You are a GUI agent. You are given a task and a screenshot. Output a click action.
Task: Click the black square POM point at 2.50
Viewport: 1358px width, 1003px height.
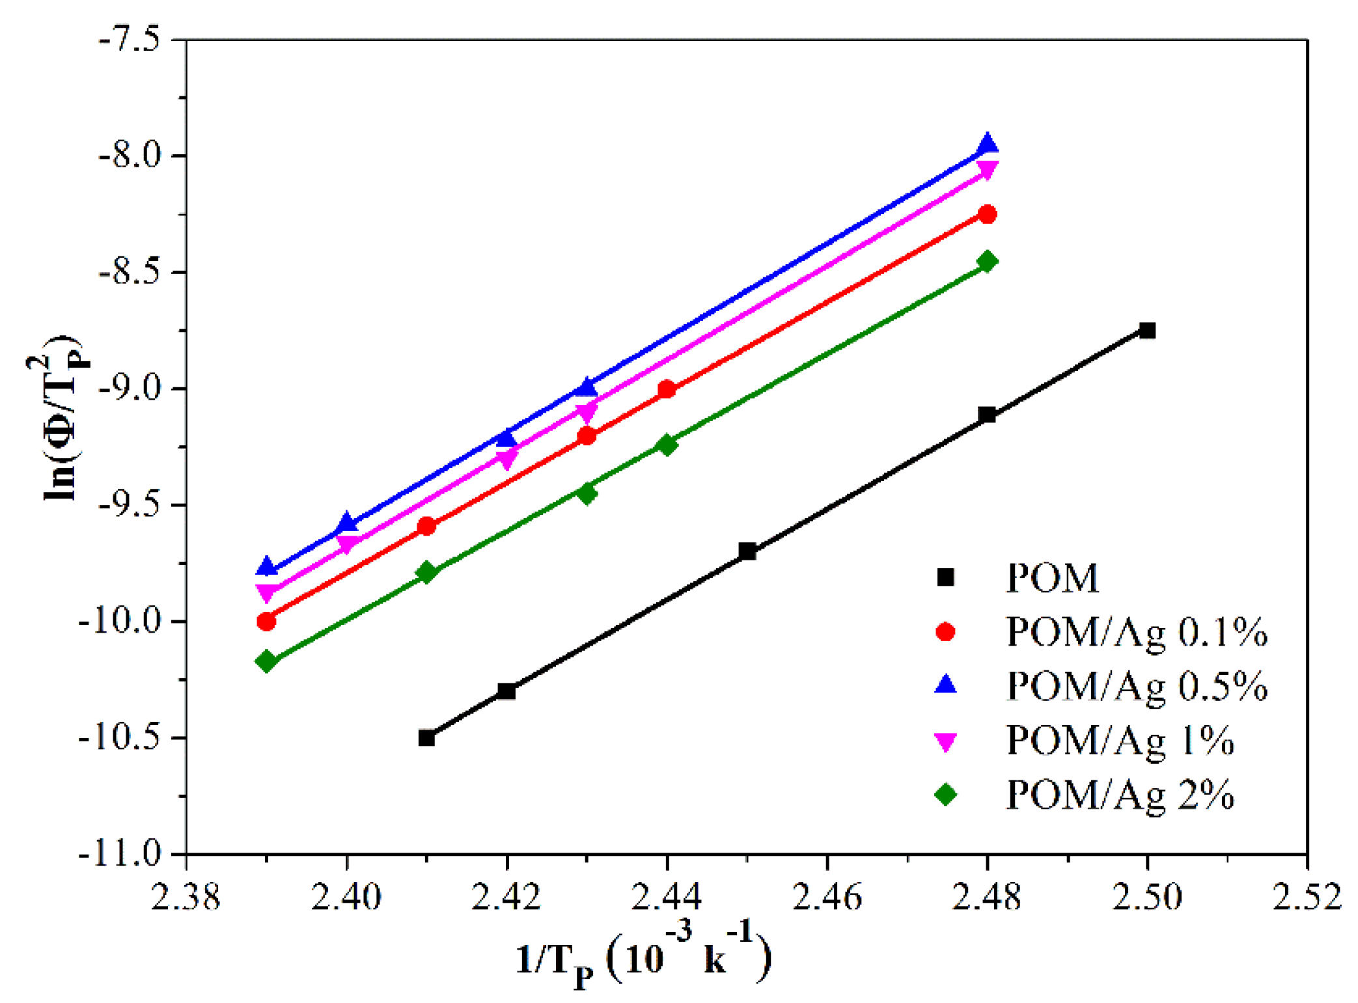coord(1147,331)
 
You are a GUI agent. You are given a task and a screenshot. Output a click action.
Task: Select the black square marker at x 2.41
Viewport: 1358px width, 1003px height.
coord(426,738)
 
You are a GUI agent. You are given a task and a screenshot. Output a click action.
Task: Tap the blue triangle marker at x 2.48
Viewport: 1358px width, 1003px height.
coord(987,144)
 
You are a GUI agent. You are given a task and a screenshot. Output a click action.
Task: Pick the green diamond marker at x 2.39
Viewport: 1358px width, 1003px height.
coord(266,662)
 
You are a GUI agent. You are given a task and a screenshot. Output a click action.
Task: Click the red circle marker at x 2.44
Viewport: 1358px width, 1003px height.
coord(667,390)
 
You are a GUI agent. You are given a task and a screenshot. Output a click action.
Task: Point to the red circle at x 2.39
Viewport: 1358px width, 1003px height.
coord(266,622)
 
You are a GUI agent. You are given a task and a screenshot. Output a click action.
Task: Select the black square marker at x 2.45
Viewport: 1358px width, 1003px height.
coord(747,551)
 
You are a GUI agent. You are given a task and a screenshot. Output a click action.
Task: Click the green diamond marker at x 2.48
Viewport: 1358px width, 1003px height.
coord(987,262)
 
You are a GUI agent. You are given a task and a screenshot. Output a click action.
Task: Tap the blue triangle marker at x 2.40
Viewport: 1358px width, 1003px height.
coord(346,523)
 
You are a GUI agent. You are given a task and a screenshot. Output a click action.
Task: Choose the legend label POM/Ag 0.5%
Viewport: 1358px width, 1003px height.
coord(1137,686)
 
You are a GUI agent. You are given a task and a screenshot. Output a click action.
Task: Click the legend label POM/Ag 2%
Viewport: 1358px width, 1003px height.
coord(1120,795)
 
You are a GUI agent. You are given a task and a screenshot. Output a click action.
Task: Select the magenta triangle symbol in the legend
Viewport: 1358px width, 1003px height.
coord(945,741)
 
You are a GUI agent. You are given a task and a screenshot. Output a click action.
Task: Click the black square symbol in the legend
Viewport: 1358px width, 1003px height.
coord(945,577)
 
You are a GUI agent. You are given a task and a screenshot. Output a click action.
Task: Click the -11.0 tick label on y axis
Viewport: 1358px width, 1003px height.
coord(120,853)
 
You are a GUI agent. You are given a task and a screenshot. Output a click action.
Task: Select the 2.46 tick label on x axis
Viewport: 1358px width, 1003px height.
coord(827,898)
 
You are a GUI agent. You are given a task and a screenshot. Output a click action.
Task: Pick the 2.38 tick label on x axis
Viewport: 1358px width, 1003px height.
coord(186,898)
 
